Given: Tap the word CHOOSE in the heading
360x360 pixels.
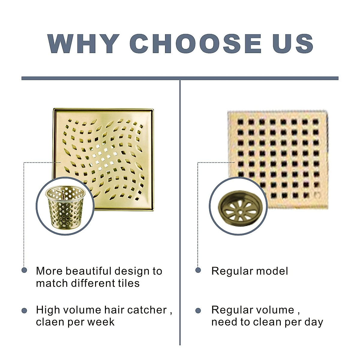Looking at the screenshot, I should [x=195, y=43].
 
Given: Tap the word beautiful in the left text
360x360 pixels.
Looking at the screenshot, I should [x=88, y=271].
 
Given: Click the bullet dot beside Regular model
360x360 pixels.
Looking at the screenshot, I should [x=198, y=270].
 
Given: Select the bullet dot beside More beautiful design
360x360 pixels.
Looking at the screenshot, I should [x=24, y=270].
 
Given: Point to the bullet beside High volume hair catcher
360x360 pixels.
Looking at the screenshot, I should [x=24, y=310].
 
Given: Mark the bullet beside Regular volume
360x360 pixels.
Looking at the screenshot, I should [x=198, y=310].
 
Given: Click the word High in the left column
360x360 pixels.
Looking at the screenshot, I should [x=46, y=310].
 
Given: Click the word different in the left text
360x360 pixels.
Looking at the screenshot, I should [x=94, y=283].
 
